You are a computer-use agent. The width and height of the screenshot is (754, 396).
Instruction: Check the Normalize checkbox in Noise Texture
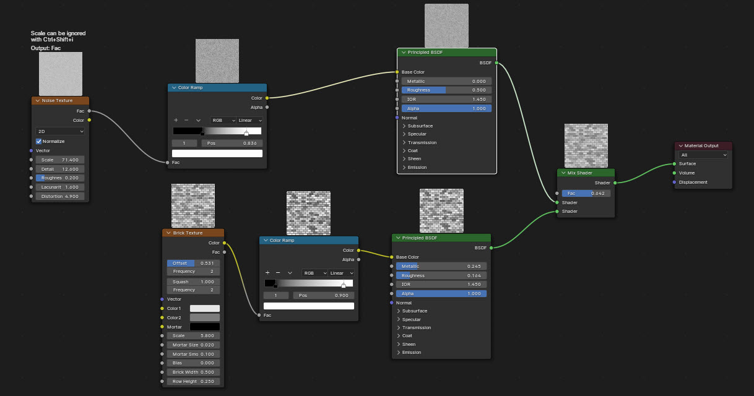tap(39, 141)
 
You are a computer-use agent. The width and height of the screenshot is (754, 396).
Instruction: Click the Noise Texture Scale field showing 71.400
tap(60, 160)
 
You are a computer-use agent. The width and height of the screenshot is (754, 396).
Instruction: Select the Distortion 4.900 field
tap(60, 196)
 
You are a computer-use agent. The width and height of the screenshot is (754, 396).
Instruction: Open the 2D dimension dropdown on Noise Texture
tap(60, 131)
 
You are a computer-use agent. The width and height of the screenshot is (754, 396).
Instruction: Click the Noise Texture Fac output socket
tap(89, 111)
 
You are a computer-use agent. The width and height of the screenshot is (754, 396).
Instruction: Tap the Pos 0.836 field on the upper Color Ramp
tap(232, 144)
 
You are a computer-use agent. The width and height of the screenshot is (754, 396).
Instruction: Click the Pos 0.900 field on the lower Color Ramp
tap(324, 295)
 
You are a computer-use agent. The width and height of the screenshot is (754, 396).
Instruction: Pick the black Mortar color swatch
tap(205, 327)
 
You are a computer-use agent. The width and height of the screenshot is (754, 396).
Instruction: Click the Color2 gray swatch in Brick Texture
tap(205, 317)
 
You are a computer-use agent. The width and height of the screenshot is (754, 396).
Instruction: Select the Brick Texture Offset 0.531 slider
tap(193, 263)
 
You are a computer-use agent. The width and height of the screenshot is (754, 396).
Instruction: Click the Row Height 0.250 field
tap(193, 382)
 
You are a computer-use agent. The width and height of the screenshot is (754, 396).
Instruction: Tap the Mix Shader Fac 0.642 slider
tap(586, 194)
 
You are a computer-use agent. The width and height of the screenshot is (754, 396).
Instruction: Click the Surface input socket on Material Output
tap(674, 164)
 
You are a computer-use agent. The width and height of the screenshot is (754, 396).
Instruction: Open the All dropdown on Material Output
tap(703, 155)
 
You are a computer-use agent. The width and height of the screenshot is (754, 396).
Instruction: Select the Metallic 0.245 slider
tap(441, 267)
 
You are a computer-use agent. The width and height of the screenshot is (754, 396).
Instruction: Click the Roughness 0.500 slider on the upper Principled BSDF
tap(446, 90)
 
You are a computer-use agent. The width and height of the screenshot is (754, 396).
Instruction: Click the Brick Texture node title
tap(188, 233)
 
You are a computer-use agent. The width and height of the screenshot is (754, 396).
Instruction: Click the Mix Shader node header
tap(586, 173)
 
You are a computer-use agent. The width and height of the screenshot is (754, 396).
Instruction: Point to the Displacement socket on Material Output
tap(674, 183)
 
